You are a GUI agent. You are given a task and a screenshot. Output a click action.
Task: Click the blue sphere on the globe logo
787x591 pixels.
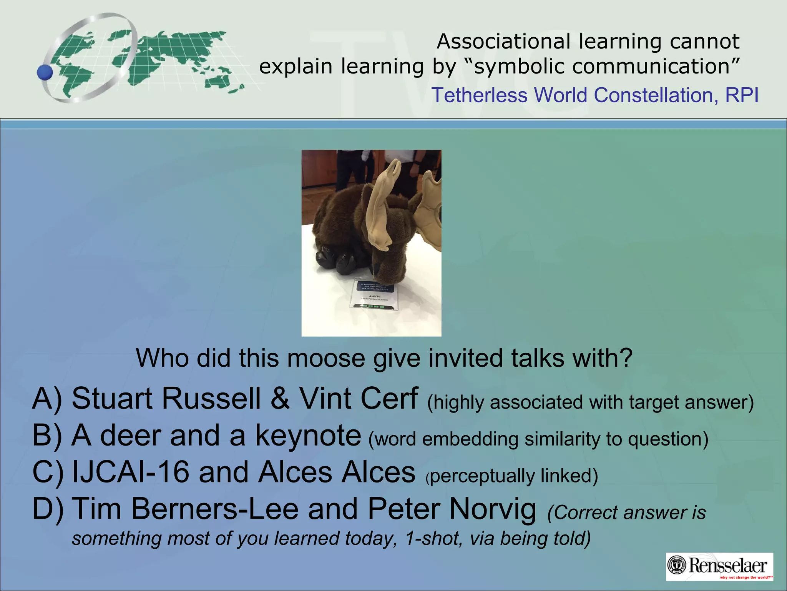[45, 72]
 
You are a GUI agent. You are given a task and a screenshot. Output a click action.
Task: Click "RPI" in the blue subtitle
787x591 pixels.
[742, 95]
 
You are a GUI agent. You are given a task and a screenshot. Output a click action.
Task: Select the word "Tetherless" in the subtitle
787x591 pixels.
[479, 95]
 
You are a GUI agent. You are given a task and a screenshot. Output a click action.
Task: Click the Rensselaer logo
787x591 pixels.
[719, 566]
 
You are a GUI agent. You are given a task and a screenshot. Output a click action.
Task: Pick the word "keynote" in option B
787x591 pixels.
[308, 435]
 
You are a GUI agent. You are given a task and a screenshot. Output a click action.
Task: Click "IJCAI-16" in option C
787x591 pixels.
[131, 472]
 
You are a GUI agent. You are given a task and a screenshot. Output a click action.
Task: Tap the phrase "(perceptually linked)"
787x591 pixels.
[512, 476]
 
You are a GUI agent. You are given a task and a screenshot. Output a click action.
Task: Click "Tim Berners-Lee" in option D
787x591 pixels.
[185, 509]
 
